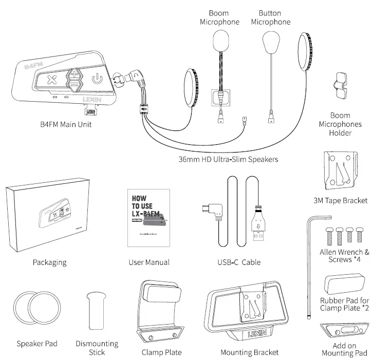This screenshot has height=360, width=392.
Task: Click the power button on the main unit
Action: tap(96, 79)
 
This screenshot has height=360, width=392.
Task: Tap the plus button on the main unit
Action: tap(74, 73)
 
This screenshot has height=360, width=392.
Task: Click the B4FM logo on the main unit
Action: tap(34, 66)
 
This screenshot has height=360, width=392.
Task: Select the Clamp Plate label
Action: tap(161, 352)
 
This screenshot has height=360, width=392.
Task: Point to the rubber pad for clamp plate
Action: tap(344, 283)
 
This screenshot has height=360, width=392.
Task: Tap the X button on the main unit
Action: tap(51, 80)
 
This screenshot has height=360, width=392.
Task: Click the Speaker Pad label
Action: tap(37, 344)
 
